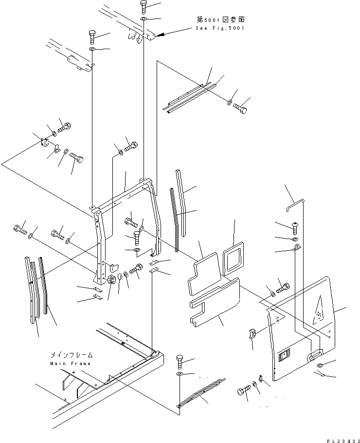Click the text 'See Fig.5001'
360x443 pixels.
coord(220,28)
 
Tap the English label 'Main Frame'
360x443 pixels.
coord(71,364)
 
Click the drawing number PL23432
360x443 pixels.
coord(343,441)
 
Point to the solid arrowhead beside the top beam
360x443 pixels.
coord(160,35)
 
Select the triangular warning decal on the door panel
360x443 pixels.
coord(318,310)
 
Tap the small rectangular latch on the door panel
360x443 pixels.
coord(284,356)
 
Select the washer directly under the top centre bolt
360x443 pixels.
coord(144,19)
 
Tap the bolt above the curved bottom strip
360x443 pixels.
coord(180,362)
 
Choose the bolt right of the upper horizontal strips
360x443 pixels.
coord(240,109)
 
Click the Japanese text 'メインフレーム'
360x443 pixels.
coord(72,355)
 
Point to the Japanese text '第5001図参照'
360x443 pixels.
coord(221,19)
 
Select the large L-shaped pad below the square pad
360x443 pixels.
coord(215,302)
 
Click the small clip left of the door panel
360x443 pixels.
coord(252,333)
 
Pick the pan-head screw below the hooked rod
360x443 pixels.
coord(294,228)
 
